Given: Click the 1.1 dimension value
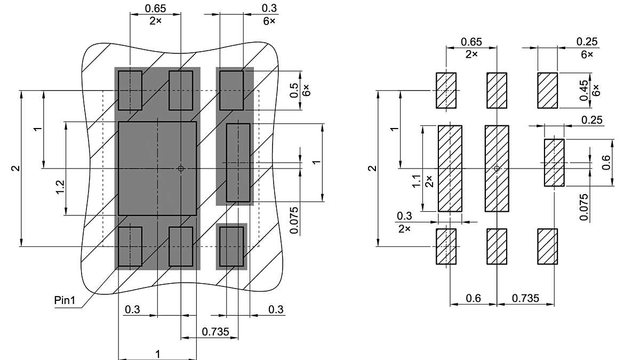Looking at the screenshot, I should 417,181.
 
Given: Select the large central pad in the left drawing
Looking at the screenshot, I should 157,169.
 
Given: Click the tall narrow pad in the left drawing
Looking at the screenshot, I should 238,162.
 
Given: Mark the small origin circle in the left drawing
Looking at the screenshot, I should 181,169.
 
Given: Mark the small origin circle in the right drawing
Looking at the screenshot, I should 497,169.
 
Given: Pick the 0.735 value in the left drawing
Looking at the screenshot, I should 215,332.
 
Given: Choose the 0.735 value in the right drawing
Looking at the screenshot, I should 525,298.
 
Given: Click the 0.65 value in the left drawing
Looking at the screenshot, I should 155,9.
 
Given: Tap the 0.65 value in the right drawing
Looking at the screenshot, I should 471,42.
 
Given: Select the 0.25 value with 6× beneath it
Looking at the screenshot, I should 587,42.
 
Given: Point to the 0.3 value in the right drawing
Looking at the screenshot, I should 404,216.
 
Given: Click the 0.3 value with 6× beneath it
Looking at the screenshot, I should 269,8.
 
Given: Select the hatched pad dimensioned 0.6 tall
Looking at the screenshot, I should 554,162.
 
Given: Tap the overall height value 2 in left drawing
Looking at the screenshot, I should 16,169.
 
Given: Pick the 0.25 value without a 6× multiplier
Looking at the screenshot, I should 593,120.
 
